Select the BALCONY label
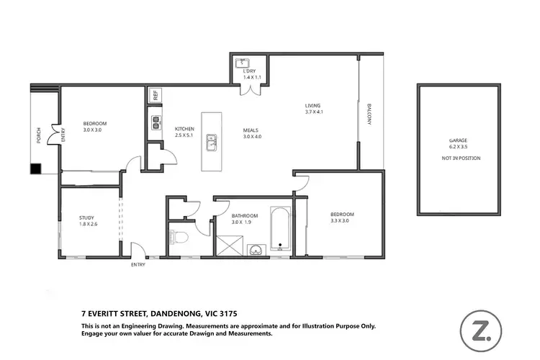tap(369, 114)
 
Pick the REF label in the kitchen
tap(154, 95)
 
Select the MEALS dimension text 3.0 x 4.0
tap(253, 137)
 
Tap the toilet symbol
tap(180, 235)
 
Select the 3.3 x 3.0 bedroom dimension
tap(342, 222)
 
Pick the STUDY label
tap(87, 217)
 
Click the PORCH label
tap(39, 136)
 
